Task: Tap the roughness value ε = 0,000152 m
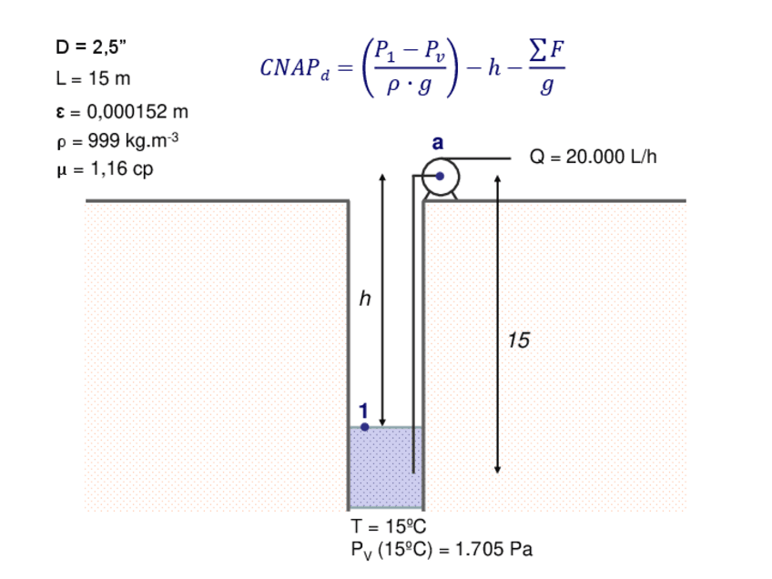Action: pos(121,112)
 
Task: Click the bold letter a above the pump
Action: pos(438,144)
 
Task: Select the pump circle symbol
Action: pos(439,177)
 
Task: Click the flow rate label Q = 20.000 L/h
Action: pos(593,157)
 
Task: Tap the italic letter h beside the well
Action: pos(365,300)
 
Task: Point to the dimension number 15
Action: pos(518,341)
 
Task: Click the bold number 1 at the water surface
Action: pos(364,410)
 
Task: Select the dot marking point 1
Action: pos(364,425)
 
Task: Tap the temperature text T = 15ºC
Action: pos(389,526)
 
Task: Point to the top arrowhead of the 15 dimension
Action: pos(497,179)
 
